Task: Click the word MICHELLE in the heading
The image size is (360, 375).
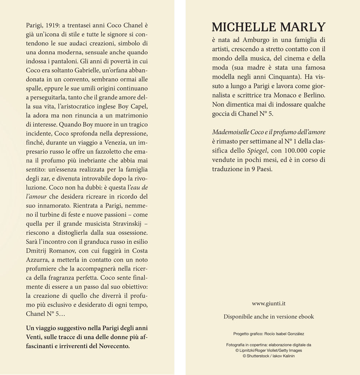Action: click(x=243, y=27)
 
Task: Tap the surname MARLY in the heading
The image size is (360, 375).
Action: click(x=302, y=27)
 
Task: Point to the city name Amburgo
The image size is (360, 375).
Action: click(x=255, y=40)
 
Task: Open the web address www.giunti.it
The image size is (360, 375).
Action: click(x=269, y=304)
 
